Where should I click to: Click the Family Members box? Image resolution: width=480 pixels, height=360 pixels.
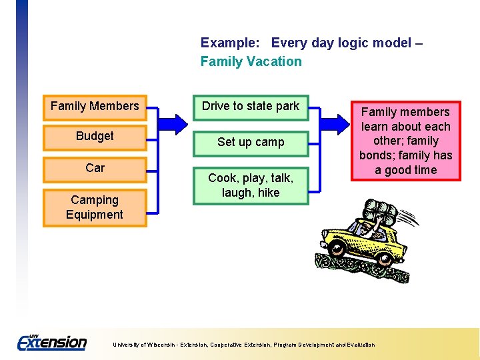pos(95,107)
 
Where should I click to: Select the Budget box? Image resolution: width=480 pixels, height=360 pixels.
pos(95,137)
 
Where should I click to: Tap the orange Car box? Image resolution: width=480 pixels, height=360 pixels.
pos(95,168)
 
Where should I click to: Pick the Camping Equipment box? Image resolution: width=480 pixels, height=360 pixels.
pos(95,207)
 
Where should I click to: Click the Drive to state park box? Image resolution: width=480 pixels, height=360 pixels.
pos(251,107)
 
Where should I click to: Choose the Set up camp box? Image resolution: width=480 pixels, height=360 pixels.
pos(251,142)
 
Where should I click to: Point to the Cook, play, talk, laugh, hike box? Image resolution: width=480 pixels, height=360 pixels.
pos(251,185)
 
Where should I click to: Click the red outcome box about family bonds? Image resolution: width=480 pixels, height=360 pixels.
pos(405,141)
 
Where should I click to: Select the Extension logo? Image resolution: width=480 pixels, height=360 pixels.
pos(52,343)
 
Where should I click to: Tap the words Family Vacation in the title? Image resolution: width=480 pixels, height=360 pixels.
pos(251,62)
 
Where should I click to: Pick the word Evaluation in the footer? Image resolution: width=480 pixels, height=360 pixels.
pos(361,345)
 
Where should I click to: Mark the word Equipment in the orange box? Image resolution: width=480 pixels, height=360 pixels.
pos(95,215)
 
